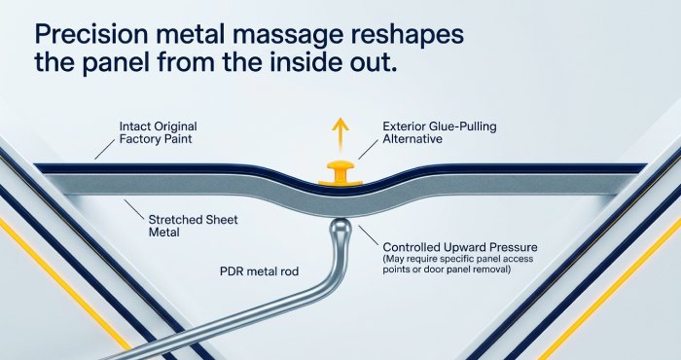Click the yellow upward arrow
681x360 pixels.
click(x=340, y=134)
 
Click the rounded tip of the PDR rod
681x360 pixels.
click(x=340, y=227)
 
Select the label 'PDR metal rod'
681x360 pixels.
click(x=260, y=271)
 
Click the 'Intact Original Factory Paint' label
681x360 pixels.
click(x=158, y=133)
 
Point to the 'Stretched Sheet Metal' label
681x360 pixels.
click(x=194, y=226)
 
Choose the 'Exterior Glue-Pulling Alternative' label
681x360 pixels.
click(x=440, y=133)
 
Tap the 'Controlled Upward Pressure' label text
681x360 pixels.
click(x=460, y=247)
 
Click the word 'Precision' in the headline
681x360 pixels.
click(x=90, y=34)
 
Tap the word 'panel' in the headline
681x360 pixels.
click(x=116, y=63)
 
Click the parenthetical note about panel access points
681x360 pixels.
click(x=458, y=264)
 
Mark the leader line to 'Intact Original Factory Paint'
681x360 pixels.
click(x=105, y=150)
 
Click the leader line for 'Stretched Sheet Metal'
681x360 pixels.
click(x=134, y=210)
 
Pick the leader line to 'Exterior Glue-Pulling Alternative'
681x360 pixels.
click(x=369, y=150)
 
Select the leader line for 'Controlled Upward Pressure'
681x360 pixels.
click(x=369, y=235)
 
